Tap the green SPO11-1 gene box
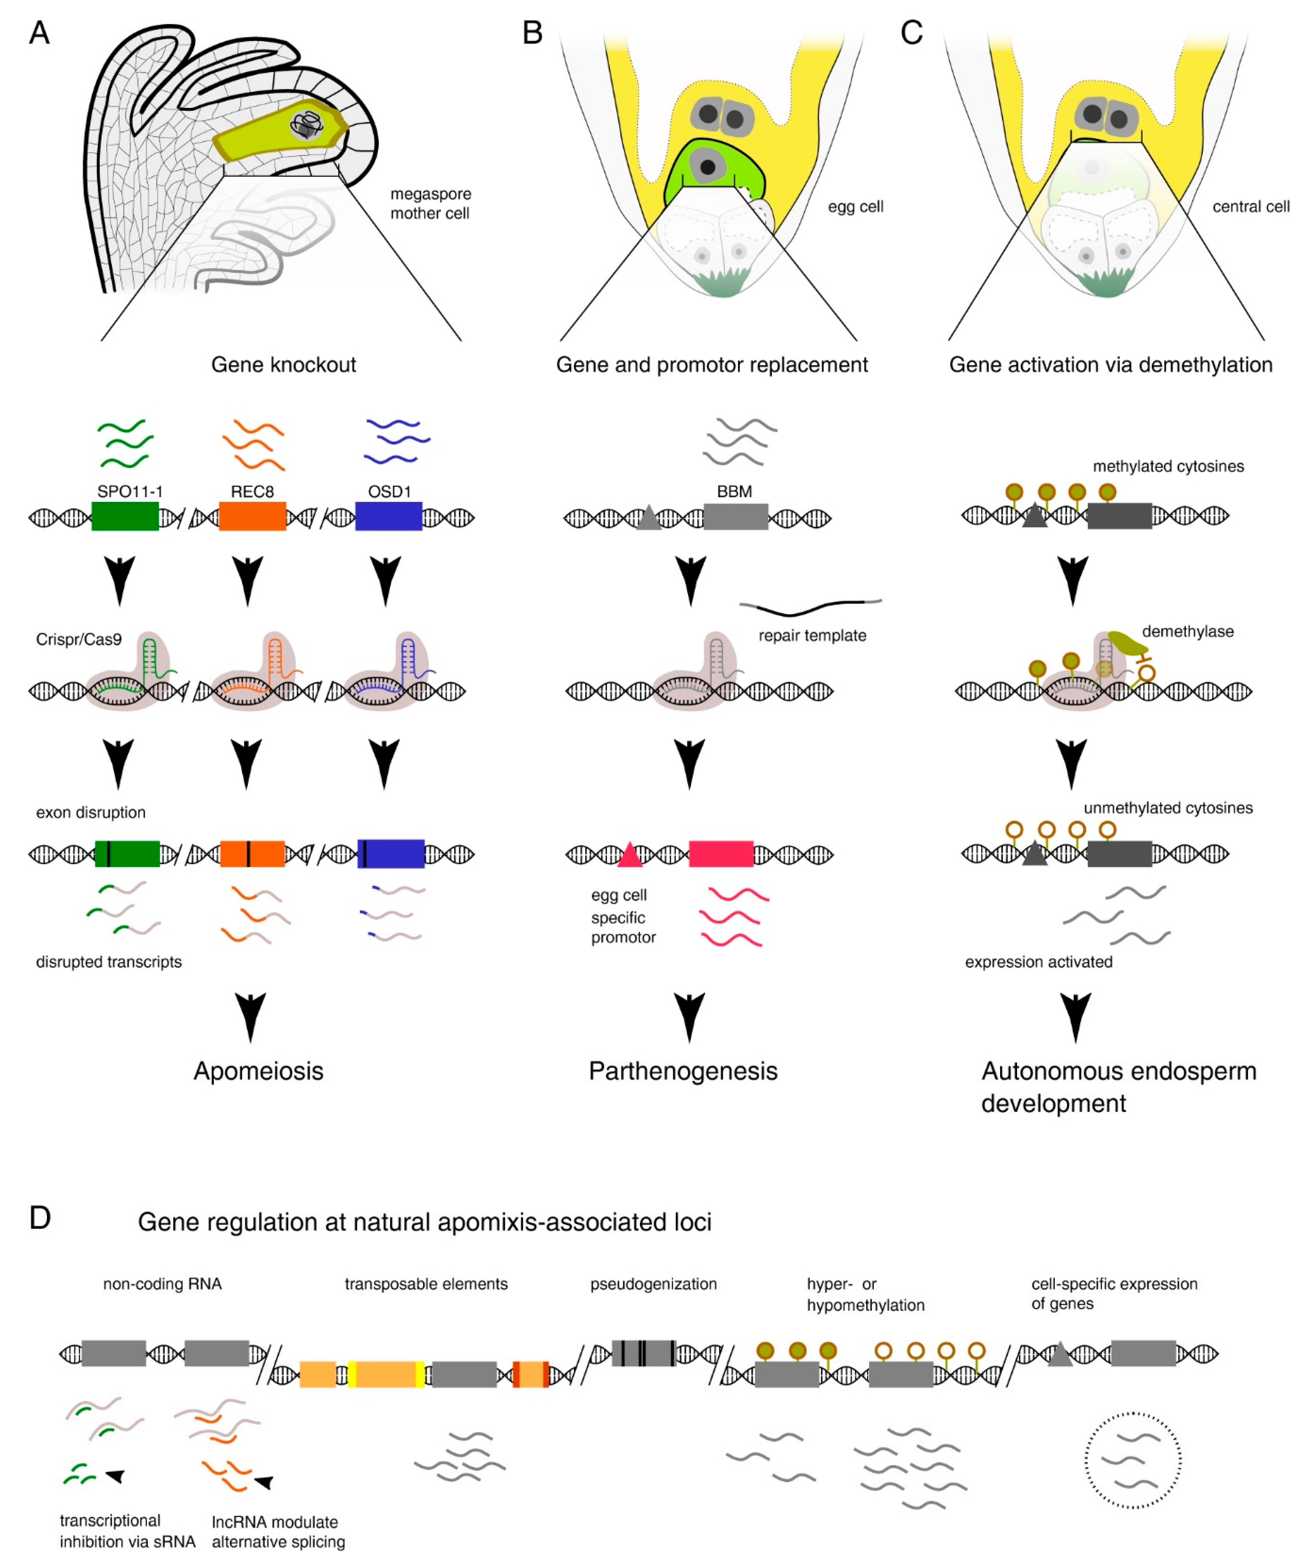(125, 516)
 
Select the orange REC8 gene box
(253, 516)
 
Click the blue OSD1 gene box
(389, 516)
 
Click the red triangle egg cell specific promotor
(630, 855)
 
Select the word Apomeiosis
(258, 1071)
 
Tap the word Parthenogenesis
(683, 1071)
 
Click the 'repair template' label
(812, 635)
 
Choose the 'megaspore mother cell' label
(430, 203)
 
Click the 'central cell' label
(1250, 206)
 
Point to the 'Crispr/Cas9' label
(78, 639)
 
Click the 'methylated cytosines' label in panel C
(1168, 466)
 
